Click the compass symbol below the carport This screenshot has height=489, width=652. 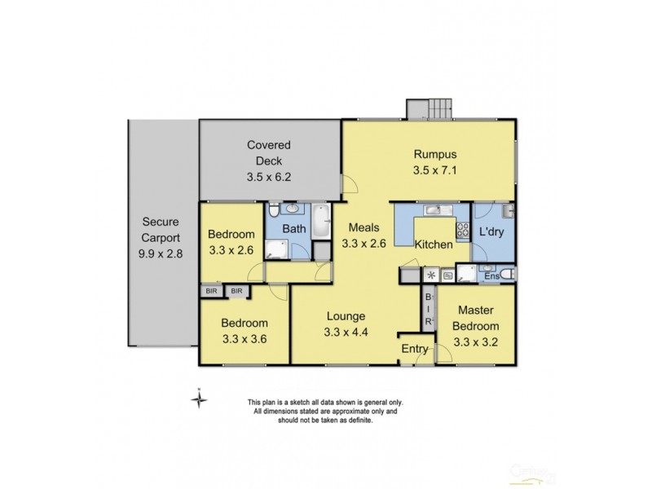point(198,399)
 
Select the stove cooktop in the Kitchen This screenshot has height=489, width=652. point(463,229)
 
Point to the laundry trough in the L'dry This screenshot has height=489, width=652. point(506,211)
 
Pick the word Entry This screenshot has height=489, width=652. point(416,349)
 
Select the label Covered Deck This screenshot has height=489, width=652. point(268,152)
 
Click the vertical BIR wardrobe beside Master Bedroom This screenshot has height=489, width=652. point(428,310)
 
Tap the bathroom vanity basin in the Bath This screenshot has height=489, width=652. point(293,209)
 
